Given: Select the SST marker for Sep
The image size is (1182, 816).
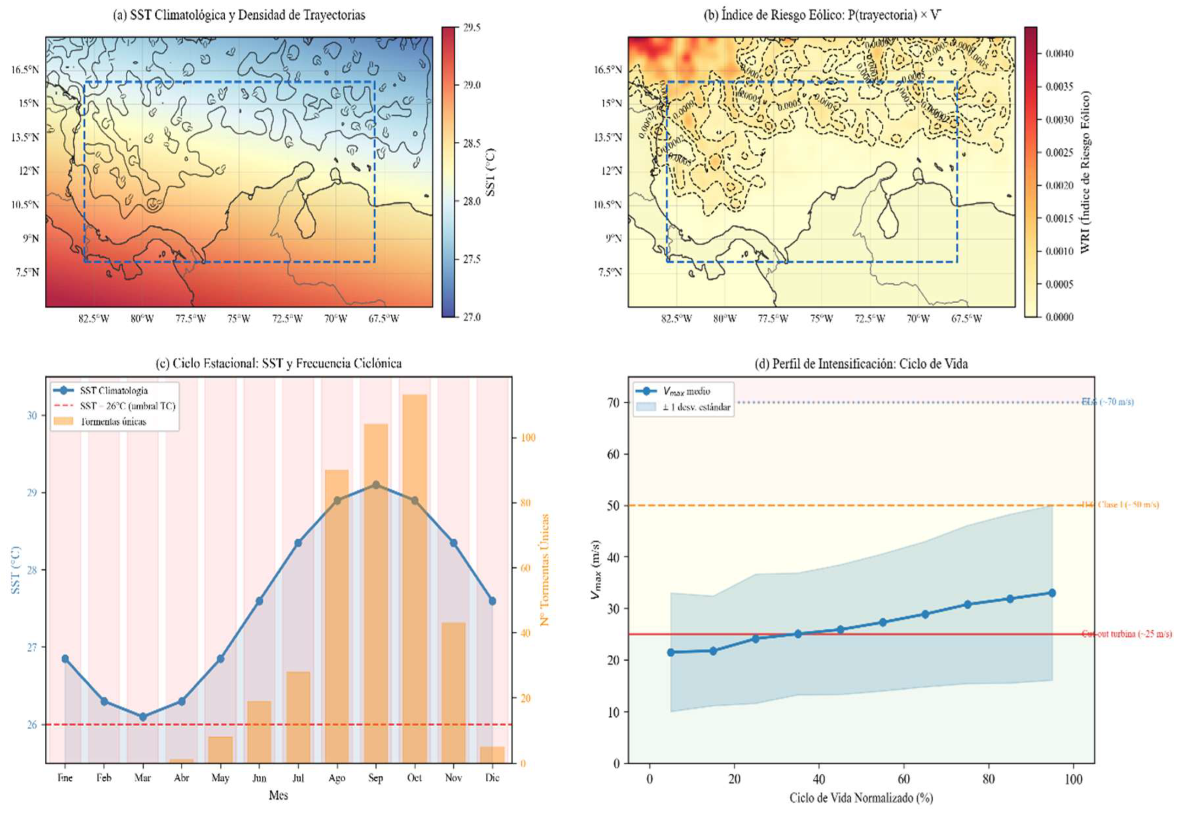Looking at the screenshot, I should pos(375,484).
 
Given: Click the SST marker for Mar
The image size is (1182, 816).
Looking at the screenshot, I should pos(143,716).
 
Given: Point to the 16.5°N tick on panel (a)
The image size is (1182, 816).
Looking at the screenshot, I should pos(26,70).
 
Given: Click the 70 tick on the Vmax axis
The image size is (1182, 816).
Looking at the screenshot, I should pos(613,402).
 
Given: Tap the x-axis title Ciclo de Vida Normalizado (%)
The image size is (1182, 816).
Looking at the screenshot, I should pos(861,798).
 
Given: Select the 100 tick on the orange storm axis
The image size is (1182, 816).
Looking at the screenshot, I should pos(528,438).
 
